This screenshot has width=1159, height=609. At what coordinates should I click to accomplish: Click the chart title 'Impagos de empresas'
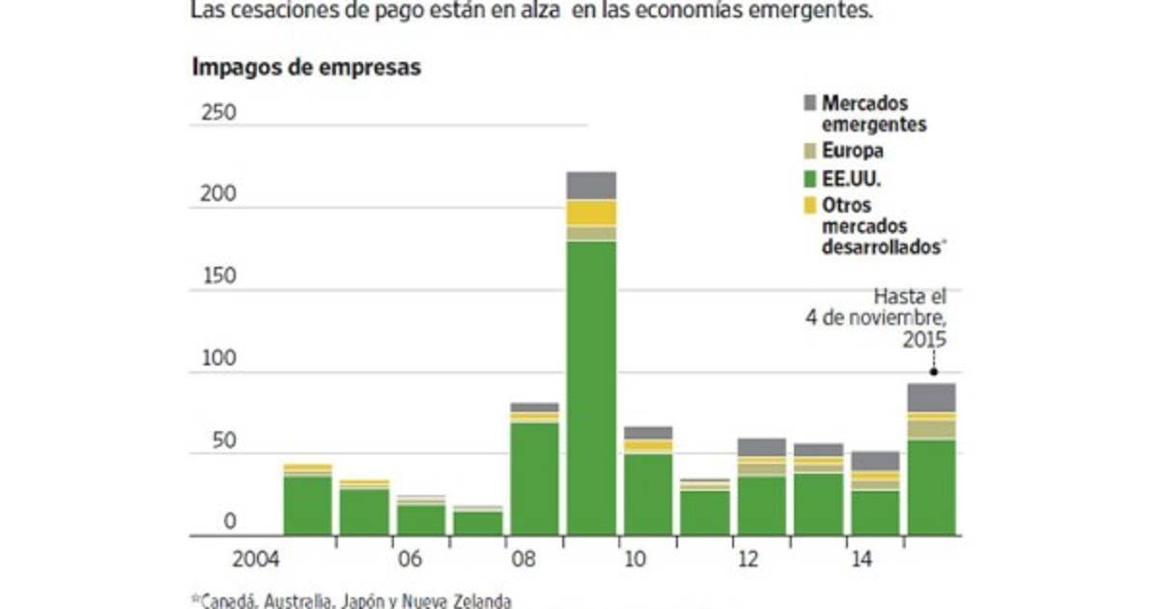coord(306,68)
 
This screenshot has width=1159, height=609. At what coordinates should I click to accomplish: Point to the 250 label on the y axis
coord(218,113)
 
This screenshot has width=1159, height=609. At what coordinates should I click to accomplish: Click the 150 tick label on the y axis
coord(218,276)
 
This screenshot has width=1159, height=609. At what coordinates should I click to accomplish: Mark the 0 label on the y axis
coord(230,522)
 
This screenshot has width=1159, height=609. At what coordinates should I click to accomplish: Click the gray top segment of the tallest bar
coord(591,185)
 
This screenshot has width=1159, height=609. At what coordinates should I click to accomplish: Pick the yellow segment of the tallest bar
coord(591,213)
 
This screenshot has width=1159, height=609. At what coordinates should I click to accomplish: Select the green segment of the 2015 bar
coord(931,487)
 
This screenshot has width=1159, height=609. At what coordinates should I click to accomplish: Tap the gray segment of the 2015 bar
coord(931,397)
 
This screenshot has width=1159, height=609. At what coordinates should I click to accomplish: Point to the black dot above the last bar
coord(933,372)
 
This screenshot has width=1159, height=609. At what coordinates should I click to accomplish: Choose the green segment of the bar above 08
coord(534,478)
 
